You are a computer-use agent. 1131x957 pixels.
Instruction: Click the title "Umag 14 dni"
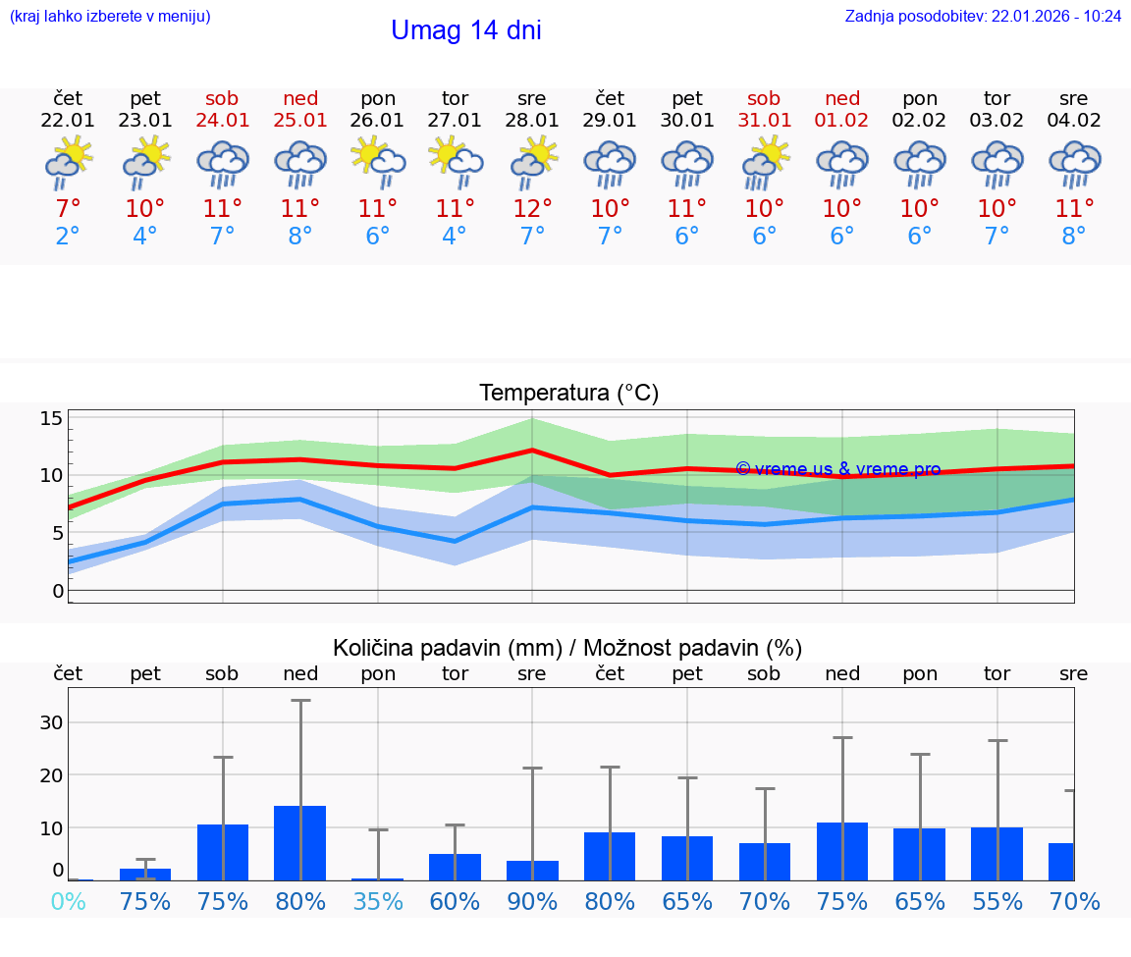(x=465, y=30)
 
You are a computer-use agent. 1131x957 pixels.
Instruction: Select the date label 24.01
(x=222, y=120)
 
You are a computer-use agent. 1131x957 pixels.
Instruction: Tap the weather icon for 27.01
(x=455, y=162)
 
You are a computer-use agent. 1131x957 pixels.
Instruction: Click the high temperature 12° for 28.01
(x=532, y=208)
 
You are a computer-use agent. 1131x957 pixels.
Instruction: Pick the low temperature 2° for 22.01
(x=68, y=237)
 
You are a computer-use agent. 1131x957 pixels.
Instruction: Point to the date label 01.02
(x=841, y=120)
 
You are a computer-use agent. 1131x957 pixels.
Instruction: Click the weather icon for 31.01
(x=764, y=162)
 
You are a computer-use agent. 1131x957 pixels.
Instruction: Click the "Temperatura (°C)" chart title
(x=568, y=394)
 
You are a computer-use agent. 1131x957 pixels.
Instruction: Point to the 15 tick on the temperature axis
(x=51, y=419)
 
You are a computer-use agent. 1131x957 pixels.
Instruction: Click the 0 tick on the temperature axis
(x=58, y=591)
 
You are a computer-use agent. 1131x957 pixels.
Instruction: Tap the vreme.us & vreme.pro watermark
(x=837, y=469)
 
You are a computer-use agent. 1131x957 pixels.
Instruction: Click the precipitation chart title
(x=567, y=648)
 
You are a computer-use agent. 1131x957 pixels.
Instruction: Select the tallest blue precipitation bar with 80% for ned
(x=299, y=843)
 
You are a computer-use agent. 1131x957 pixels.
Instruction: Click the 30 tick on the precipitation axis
(x=51, y=722)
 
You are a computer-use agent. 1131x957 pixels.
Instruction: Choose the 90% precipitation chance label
(x=532, y=901)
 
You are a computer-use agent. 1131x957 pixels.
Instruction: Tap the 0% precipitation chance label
(x=68, y=901)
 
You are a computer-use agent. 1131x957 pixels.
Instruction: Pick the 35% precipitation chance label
(x=378, y=901)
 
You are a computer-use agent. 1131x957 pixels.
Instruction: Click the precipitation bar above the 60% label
(x=455, y=868)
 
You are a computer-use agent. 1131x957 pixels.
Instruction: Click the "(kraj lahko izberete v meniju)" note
(x=110, y=16)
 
